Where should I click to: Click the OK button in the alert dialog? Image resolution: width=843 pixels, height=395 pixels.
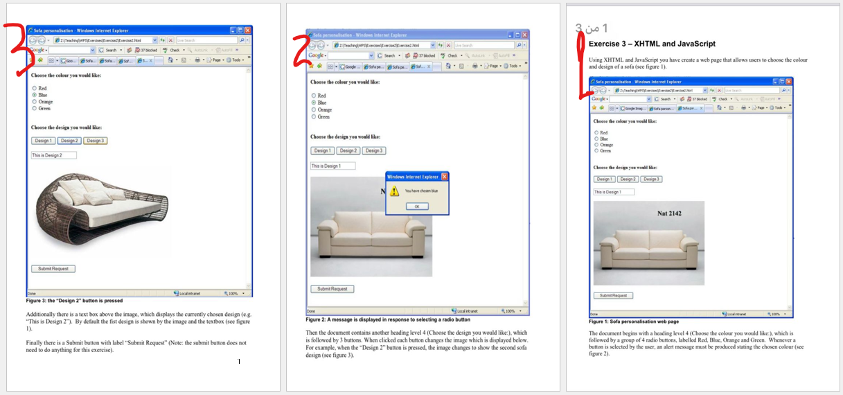click(x=417, y=207)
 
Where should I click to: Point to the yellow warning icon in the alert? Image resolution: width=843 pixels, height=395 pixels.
click(x=394, y=191)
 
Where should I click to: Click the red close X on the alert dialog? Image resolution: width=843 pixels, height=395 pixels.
click(x=445, y=177)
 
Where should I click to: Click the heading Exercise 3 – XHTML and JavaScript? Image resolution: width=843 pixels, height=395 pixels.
click(x=652, y=44)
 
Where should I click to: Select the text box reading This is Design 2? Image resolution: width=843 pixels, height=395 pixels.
click(x=53, y=155)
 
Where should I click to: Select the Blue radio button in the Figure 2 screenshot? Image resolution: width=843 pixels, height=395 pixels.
click(x=314, y=103)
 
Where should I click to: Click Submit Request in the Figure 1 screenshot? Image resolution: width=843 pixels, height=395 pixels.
click(x=613, y=295)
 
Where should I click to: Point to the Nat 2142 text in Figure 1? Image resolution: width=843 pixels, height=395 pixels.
click(x=669, y=213)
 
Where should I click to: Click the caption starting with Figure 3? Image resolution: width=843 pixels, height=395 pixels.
click(x=74, y=301)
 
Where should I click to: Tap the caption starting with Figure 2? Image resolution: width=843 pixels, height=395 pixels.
click(x=388, y=319)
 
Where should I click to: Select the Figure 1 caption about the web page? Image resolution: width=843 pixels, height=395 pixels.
click(x=634, y=322)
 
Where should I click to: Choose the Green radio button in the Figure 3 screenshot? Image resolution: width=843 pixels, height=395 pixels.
click(x=34, y=108)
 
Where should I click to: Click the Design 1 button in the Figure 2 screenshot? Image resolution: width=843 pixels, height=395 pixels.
click(x=322, y=150)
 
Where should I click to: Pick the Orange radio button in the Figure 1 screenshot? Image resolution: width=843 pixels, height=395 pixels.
click(x=596, y=145)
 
